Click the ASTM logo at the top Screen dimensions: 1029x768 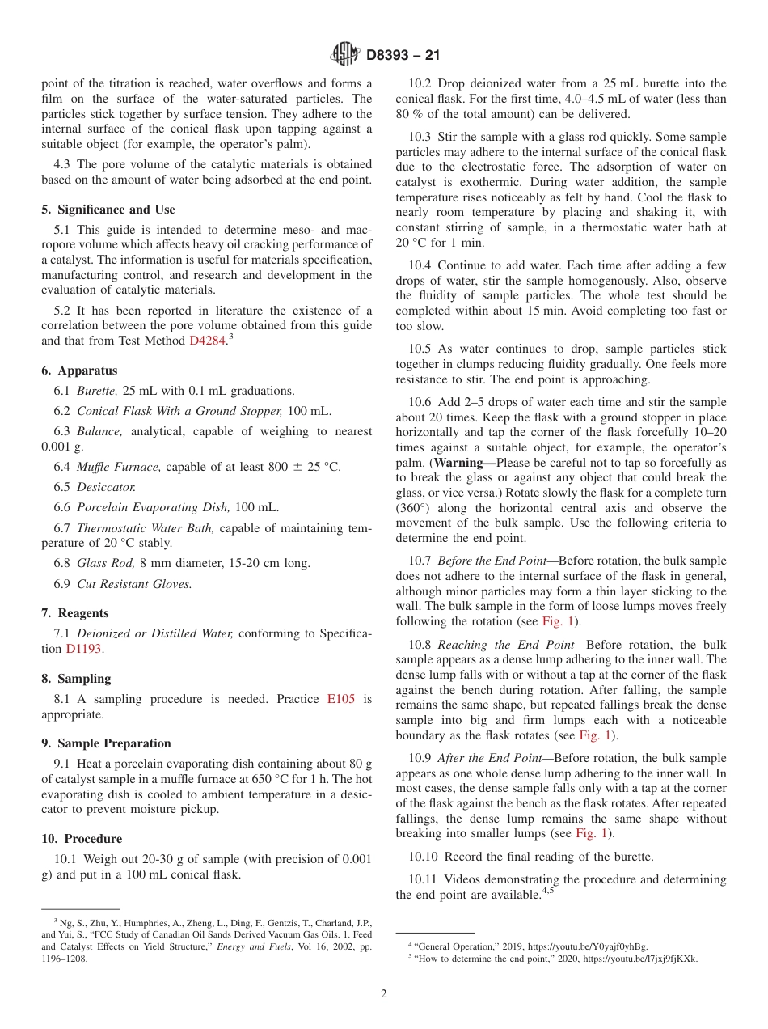[x=345, y=55]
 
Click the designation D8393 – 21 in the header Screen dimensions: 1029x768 [x=403, y=56]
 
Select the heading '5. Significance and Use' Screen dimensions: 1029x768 [x=108, y=210]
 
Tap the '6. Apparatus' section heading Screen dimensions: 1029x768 [x=79, y=371]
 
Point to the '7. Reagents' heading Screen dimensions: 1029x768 [x=75, y=613]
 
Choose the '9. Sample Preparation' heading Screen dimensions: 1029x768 [x=107, y=743]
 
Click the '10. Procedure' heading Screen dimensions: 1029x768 [x=82, y=839]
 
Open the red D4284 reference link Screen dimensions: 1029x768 [x=207, y=341]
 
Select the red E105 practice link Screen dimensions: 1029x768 [x=340, y=699]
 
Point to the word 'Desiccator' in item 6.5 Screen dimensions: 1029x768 [x=106, y=487]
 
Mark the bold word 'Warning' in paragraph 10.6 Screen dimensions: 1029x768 [x=458, y=463]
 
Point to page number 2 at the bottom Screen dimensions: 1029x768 [x=384, y=994]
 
